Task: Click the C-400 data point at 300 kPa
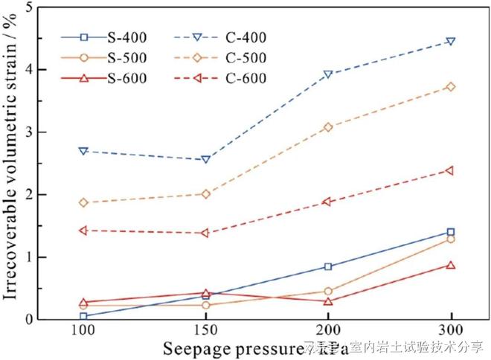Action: (449, 41)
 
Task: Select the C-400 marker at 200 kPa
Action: (327, 74)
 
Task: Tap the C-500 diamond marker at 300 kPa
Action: (449, 86)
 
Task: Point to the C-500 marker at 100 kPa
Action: (83, 202)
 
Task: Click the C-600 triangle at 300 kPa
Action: (449, 170)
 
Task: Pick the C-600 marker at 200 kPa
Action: (327, 202)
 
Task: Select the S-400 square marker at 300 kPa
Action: (449, 232)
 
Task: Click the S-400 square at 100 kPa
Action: (83, 316)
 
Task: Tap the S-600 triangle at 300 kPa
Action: (449, 265)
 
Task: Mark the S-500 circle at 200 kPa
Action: (327, 292)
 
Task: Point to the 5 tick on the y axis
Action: (29, 7)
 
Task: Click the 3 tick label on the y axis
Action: (29, 132)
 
